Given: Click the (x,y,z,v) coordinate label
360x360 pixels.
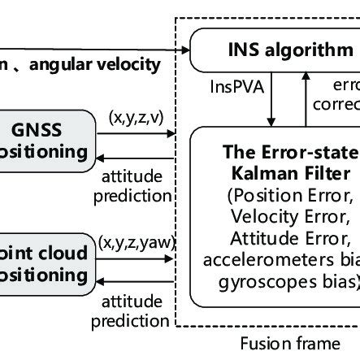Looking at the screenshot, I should coord(136,118).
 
